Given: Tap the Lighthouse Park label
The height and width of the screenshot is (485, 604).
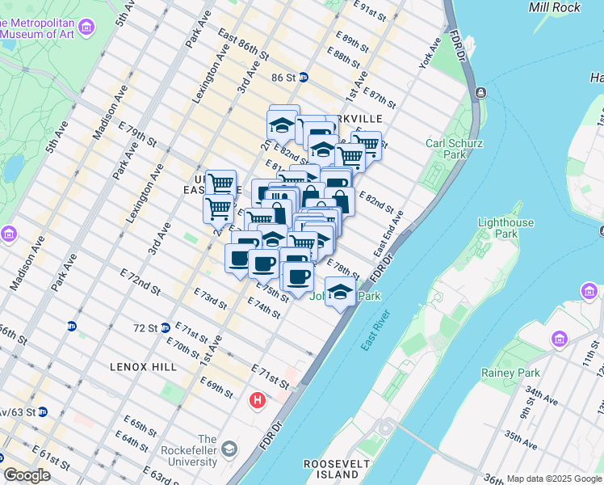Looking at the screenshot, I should coord(506,228).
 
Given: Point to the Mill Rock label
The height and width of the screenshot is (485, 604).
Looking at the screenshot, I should coord(555,7).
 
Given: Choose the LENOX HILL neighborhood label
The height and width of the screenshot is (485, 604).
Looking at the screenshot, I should coord(143,367).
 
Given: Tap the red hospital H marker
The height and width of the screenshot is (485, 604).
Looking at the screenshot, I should coord(258,399).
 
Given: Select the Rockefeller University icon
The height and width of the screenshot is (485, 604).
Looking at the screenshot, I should coord(229,449).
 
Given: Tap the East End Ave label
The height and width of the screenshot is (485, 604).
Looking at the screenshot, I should coord(388,235).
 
